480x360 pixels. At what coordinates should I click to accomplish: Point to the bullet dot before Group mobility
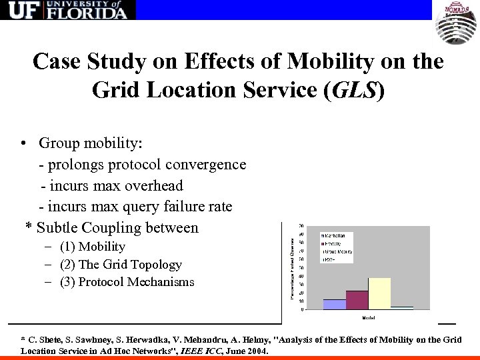coord(23,143)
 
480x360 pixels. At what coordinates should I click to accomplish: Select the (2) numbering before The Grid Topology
coord(69,264)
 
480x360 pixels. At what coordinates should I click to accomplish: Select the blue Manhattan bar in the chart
coord(334,304)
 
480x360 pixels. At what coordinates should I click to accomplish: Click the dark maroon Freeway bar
coord(357,300)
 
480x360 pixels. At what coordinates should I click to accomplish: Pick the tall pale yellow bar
coord(379,293)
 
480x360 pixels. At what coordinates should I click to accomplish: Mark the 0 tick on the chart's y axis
coord(303,309)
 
